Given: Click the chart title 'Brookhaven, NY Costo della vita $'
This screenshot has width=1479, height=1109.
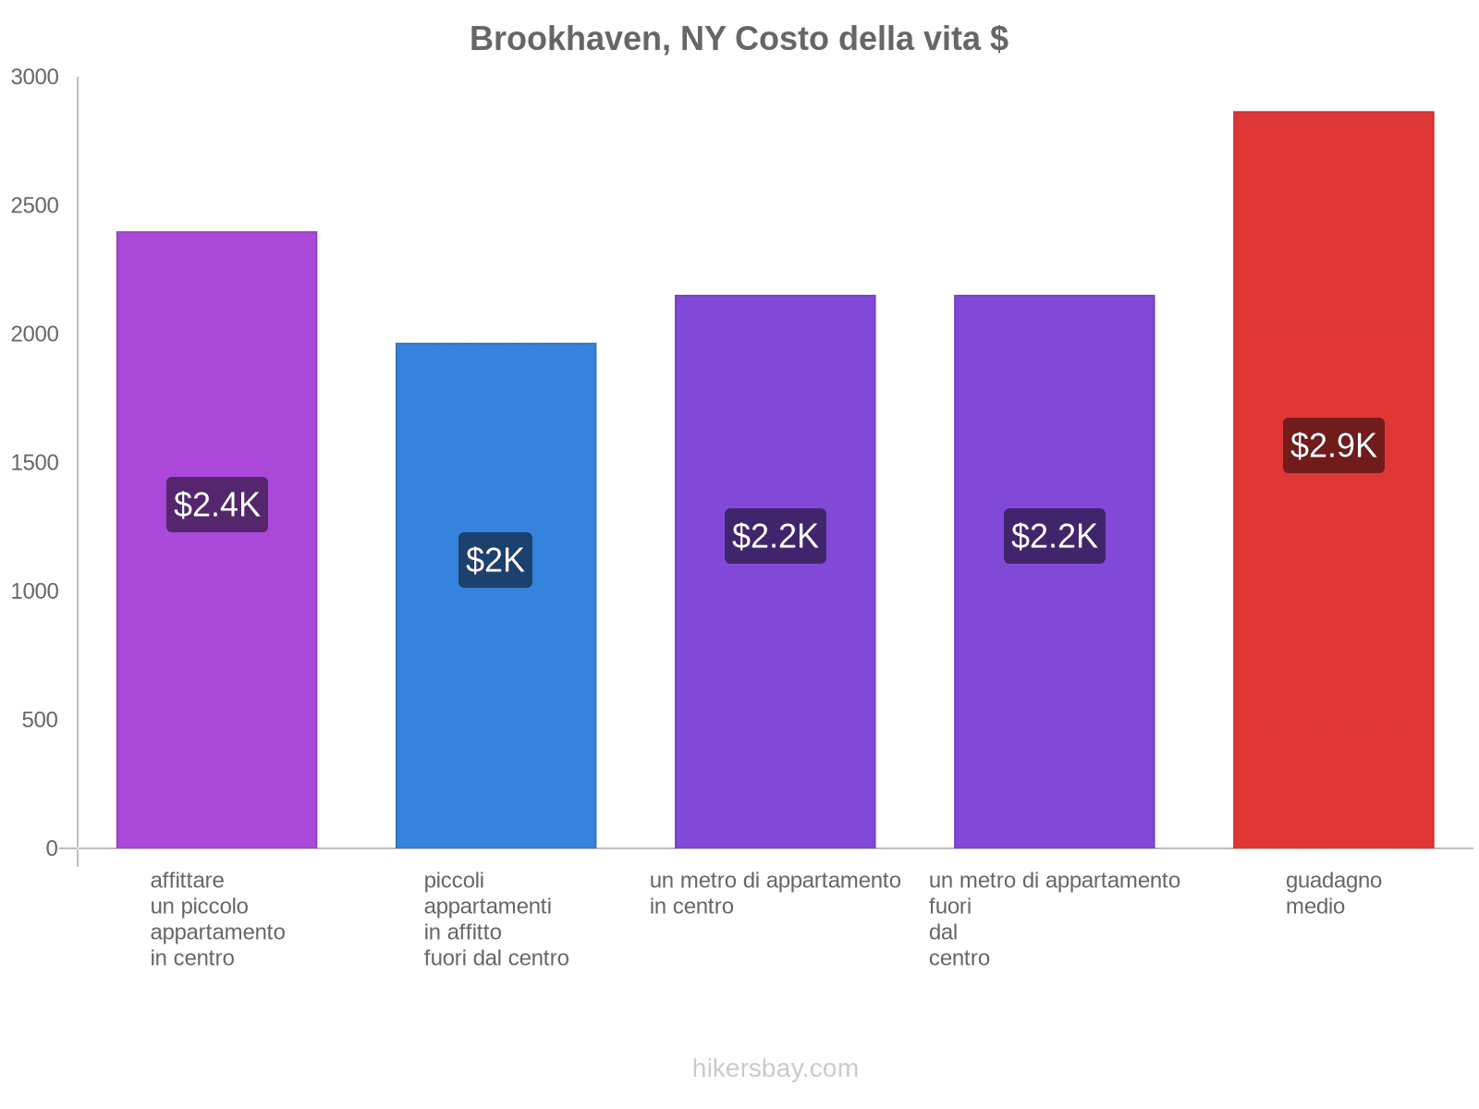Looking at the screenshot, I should point(739,39).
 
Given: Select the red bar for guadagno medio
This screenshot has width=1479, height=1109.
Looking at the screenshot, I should point(1333,647).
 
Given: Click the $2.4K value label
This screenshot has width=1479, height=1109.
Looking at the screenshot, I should point(217,505).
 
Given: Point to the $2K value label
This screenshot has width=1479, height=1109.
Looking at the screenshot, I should point(495,560).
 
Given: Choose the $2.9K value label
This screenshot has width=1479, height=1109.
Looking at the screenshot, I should point(1333,445).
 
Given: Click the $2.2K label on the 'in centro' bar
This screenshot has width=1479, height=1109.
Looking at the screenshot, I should point(775,536).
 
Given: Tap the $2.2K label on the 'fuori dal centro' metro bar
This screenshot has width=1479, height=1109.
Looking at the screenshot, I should point(1054,536).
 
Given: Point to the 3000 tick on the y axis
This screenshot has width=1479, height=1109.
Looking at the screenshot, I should point(34,78).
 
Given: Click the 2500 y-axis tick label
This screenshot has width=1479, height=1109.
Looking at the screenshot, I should point(34,206).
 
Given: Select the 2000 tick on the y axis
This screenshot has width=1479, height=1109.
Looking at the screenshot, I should point(34,335).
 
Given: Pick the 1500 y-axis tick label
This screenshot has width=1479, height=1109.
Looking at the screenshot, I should point(34,463).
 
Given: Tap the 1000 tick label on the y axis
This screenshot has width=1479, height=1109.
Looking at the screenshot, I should point(34,591).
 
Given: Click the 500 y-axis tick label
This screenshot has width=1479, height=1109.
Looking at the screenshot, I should point(40,720).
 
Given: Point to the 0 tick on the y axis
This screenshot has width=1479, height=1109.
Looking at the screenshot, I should point(52,848).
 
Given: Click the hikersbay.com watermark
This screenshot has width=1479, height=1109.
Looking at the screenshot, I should point(775,1068).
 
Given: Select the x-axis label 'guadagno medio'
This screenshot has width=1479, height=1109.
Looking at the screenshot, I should point(1333,894).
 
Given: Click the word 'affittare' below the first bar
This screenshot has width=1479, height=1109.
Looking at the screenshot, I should point(187,881).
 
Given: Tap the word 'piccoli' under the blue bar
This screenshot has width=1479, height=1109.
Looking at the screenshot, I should point(454,881).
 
